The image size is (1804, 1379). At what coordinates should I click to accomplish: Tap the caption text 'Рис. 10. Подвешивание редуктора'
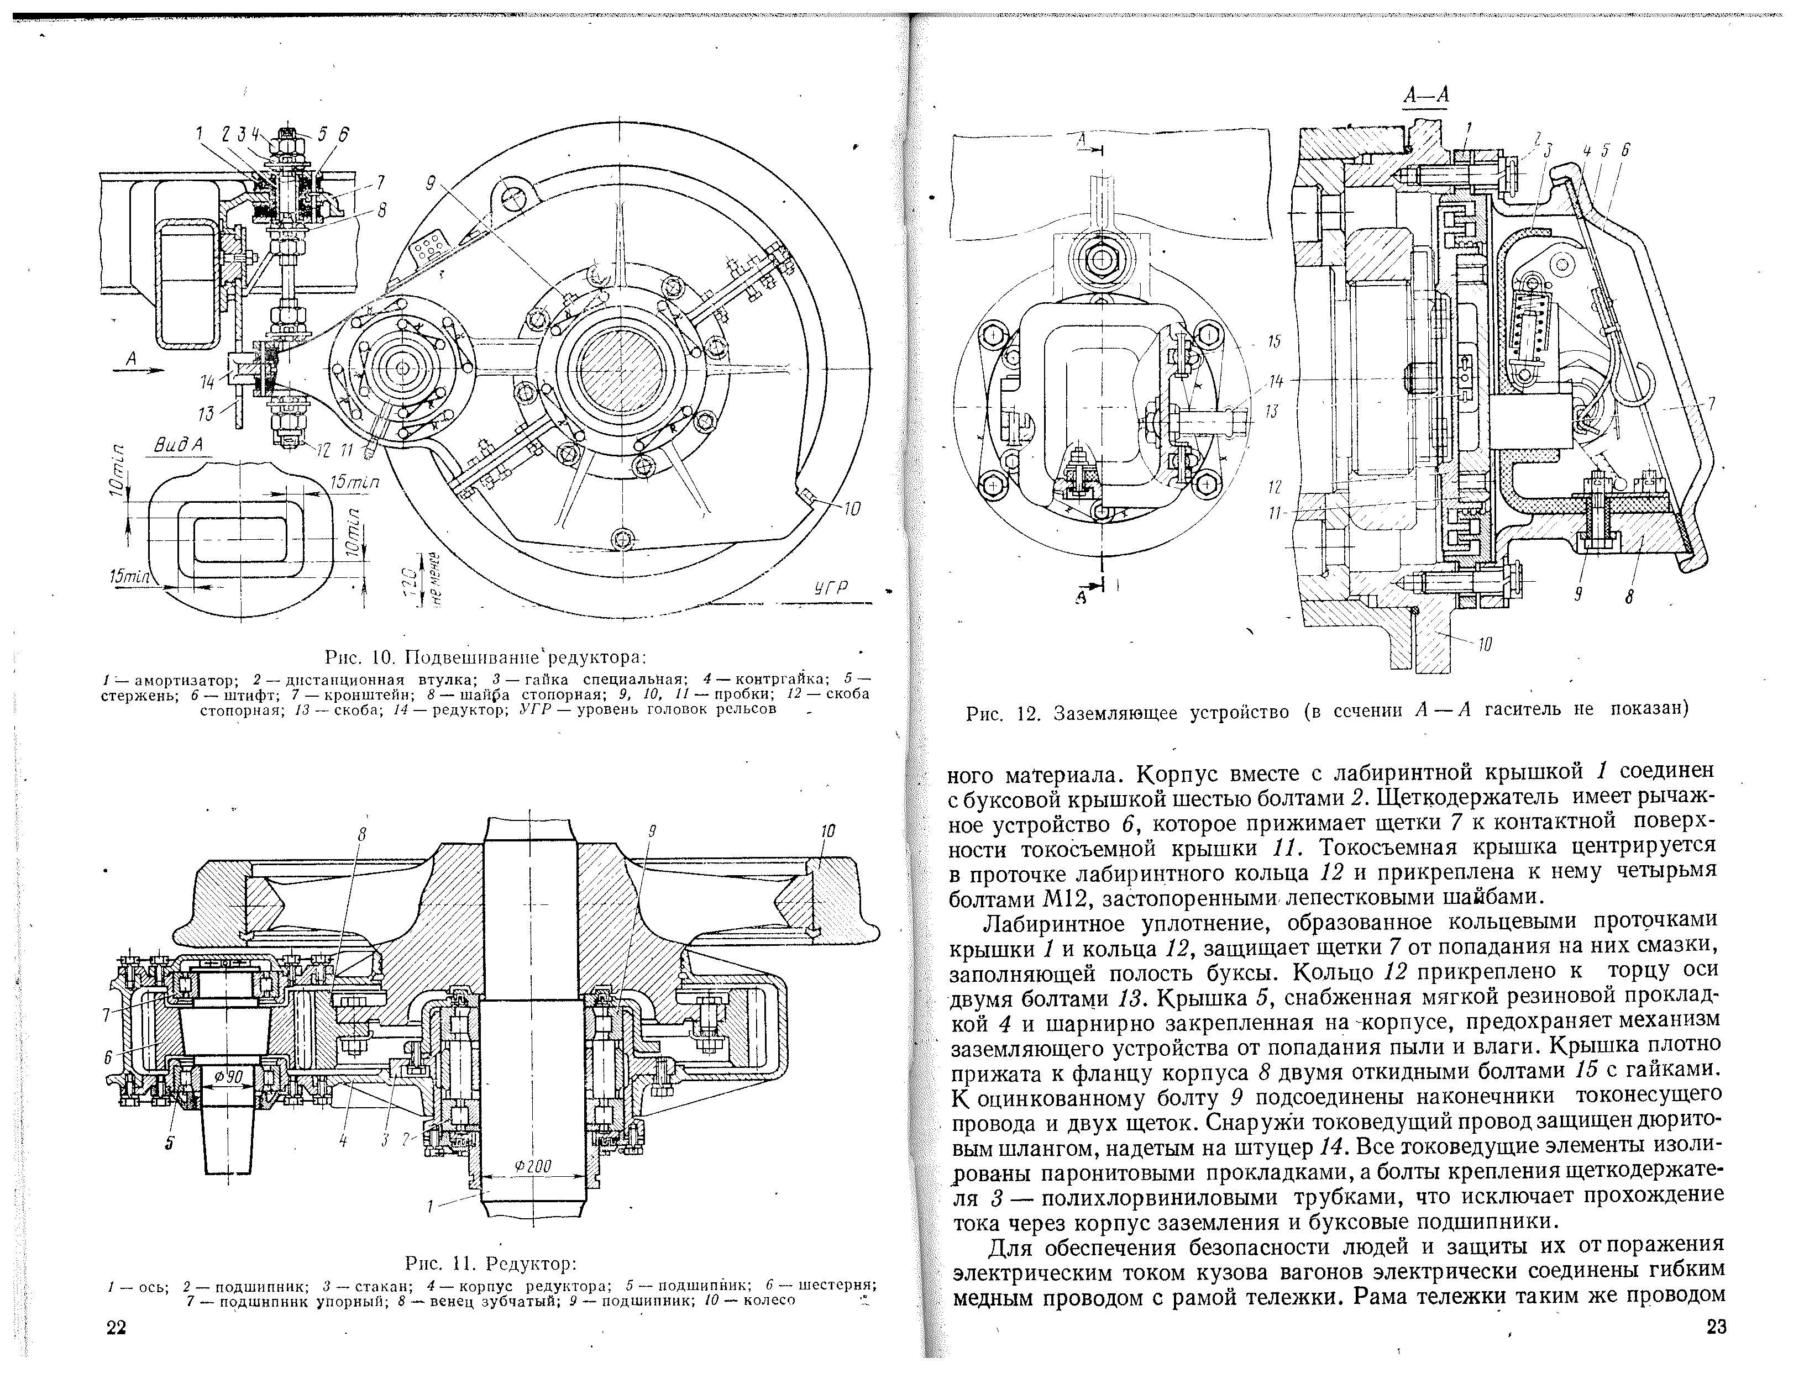tap(485, 657)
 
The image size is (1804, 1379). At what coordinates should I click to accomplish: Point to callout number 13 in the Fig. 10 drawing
tap(205, 413)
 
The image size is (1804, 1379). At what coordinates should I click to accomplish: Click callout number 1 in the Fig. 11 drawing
tap(429, 1206)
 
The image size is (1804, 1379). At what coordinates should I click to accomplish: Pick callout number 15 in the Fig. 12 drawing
tap(1273, 341)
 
